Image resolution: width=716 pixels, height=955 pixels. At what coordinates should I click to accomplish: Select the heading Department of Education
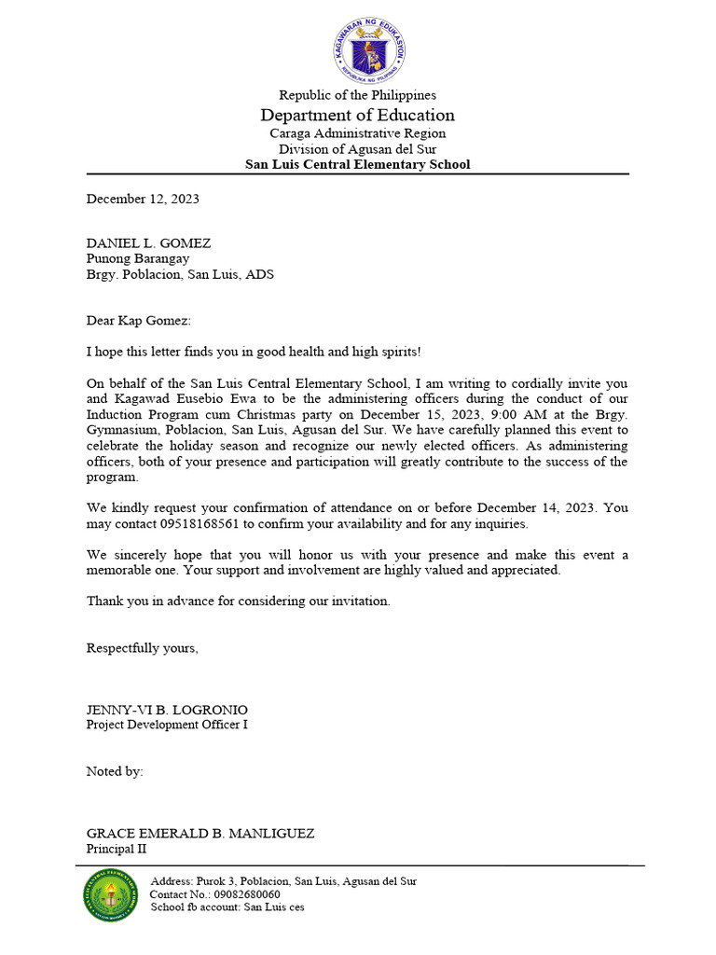tap(358, 115)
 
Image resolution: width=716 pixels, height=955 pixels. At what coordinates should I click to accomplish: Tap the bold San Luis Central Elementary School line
tap(358, 164)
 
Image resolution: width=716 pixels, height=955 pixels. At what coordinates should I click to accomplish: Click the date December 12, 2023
tap(143, 199)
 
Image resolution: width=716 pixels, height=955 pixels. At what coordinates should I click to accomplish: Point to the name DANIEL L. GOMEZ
tap(149, 242)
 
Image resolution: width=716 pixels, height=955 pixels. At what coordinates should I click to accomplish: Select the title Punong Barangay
tap(138, 258)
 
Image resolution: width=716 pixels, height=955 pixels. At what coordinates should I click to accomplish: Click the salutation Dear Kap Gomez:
tap(138, 321)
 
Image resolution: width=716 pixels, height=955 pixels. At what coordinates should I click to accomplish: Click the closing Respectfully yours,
tap(143, 648)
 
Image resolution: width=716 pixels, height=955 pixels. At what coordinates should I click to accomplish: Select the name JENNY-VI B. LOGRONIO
tap(168, 710)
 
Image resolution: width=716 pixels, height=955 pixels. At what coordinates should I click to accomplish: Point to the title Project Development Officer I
tap(168, 725)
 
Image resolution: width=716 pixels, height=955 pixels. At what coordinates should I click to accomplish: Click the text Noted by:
tap(115, 771)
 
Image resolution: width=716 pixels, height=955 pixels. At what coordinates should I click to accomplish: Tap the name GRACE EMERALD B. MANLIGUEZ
tap(200, 834)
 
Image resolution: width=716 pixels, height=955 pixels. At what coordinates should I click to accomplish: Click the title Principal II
tap(117, 849)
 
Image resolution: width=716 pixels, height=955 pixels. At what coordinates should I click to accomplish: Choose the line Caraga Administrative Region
tap(358, 133)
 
